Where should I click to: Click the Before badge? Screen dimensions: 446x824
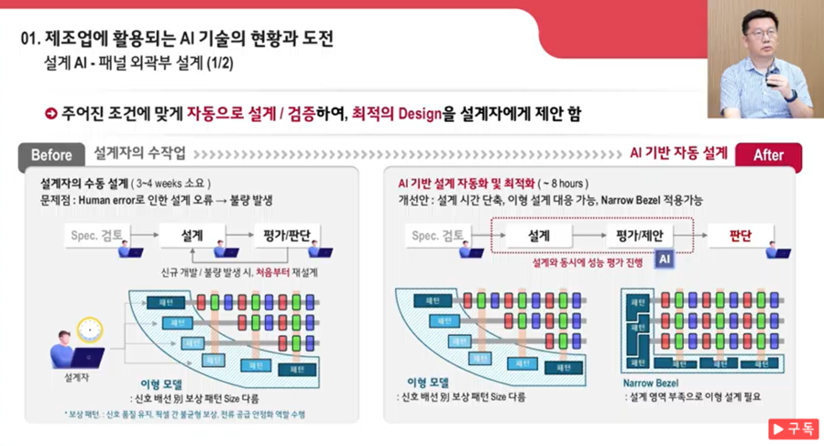tap(51, 154)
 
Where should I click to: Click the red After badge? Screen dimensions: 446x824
tap(768, 155)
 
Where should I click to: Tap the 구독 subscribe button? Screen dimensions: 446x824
tap(793, 429)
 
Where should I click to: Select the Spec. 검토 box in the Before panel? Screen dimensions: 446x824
tap(99, 236)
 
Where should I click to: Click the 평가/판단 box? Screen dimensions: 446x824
tap(286, 236)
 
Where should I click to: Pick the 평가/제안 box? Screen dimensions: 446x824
tap(639, 236)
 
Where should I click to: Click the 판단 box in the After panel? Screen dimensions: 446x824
tap(741, 236)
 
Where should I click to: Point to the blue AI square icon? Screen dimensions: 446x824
tap(666, 261)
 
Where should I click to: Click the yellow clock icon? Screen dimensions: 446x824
tap(90, 329)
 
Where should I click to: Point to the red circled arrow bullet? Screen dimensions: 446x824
tap(51, 114)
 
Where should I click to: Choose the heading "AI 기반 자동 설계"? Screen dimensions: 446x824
tap(679, 152)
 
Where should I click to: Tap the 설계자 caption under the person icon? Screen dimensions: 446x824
tap(76, 375)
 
